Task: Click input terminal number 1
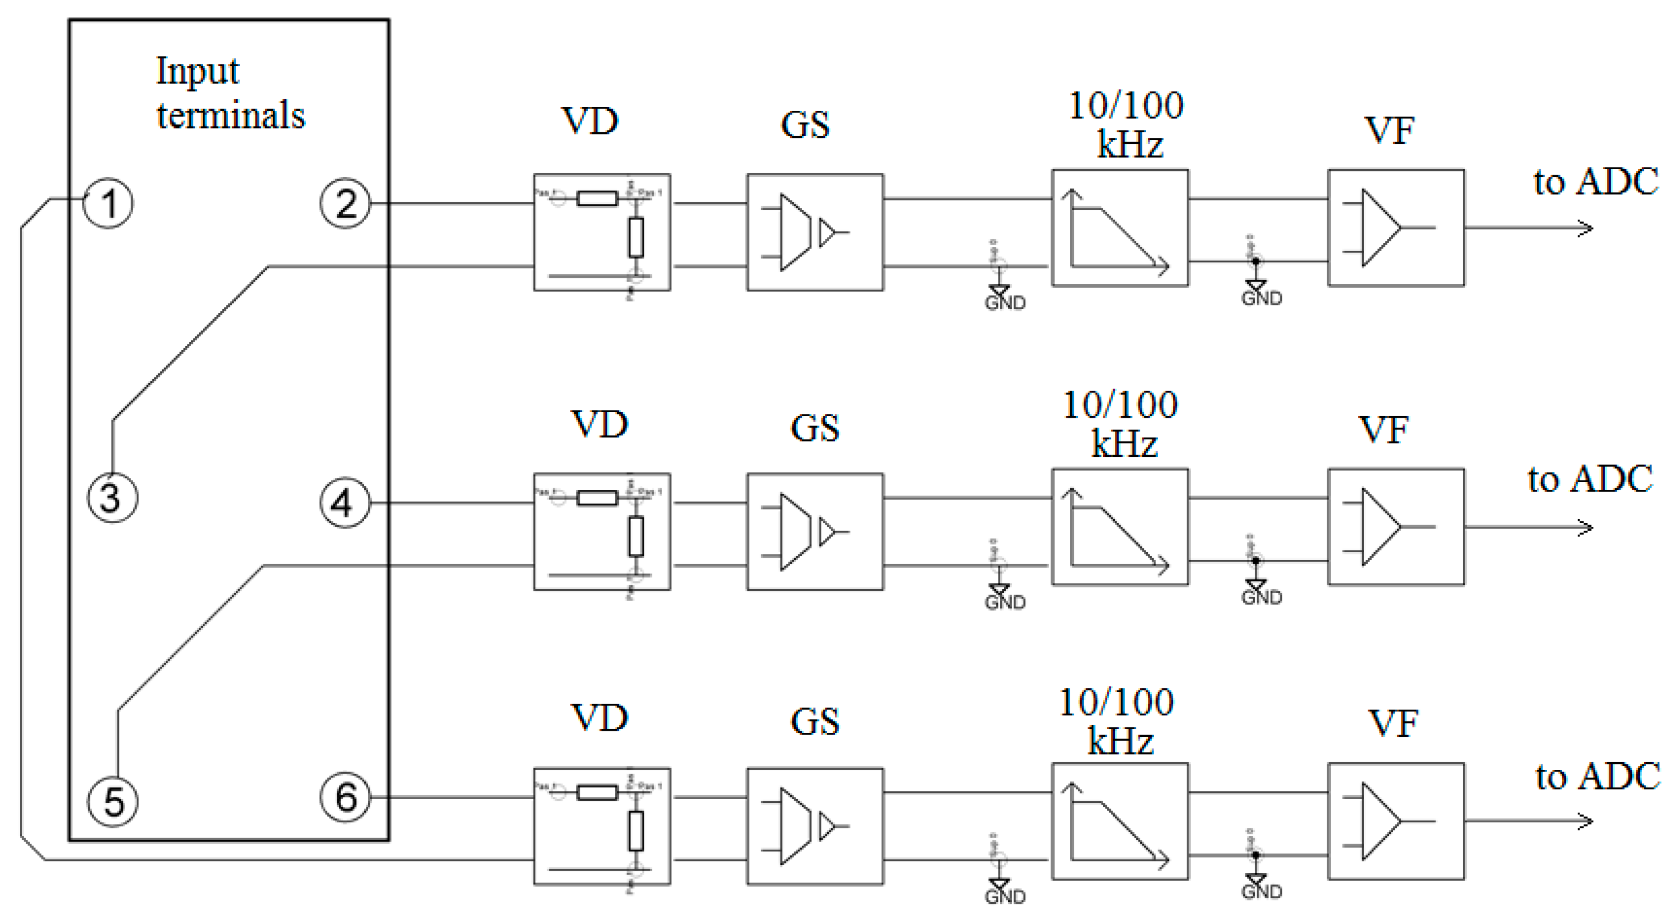(109, 203)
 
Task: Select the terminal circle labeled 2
(345, 203)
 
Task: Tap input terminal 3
(112, 498)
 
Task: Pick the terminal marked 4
(345, 503)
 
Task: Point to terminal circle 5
(112, 801)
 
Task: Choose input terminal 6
(345, 797)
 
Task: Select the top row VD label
(590, 121)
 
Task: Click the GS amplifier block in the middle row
(814, 531)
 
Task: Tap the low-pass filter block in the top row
(1120, 228)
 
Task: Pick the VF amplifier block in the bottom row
(1396, 821)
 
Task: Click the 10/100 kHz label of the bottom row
(1117, 721)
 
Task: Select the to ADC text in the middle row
(1590, 479)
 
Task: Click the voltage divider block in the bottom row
(601, 826)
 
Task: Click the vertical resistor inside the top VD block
(636, 238)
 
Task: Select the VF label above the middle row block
(1383, 430)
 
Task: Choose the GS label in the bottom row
(814, 721)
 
